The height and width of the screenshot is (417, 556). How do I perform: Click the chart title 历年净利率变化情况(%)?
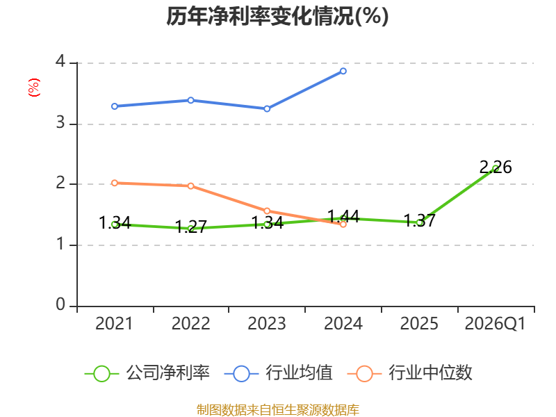click(x=277, y=16)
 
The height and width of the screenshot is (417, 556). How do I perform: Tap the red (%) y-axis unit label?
click(x=34, y=88)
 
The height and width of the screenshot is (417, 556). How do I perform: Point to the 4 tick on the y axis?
click(x=60, y=61)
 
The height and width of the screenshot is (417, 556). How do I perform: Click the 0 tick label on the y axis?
click(x=60, y=304)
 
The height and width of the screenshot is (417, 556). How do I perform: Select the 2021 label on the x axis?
click(x=114, y=323)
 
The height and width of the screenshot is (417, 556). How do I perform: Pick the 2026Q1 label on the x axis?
click(x=495, y=323)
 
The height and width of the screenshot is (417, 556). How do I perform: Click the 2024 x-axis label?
click(x=343, y=323)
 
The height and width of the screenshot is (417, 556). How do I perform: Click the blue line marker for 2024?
click(x=343, y=72)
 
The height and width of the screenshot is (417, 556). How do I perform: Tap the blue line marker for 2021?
click(x=115, y=106)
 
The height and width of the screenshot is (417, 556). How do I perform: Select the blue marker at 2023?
click(x=267, y=109)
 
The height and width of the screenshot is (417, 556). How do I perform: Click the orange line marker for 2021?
click(x=115, y=183)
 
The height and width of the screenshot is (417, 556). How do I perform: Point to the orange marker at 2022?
click(x=190, y=186)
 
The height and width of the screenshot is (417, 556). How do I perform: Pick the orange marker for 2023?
click(x=267, y=211)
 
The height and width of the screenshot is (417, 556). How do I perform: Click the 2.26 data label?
click(x=496, y=167)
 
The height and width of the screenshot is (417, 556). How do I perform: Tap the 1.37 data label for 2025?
click(x=420, y=221)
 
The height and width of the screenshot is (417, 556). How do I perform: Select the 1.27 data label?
click(x=190, y=227)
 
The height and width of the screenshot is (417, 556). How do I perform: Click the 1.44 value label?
click(x=343, y=216)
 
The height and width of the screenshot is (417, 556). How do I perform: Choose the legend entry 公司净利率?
click(x=147, y=373)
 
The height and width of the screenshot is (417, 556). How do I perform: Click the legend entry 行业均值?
click(x=279, y=373)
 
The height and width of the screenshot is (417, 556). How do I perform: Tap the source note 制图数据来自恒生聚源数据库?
click(x=278, y=410)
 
